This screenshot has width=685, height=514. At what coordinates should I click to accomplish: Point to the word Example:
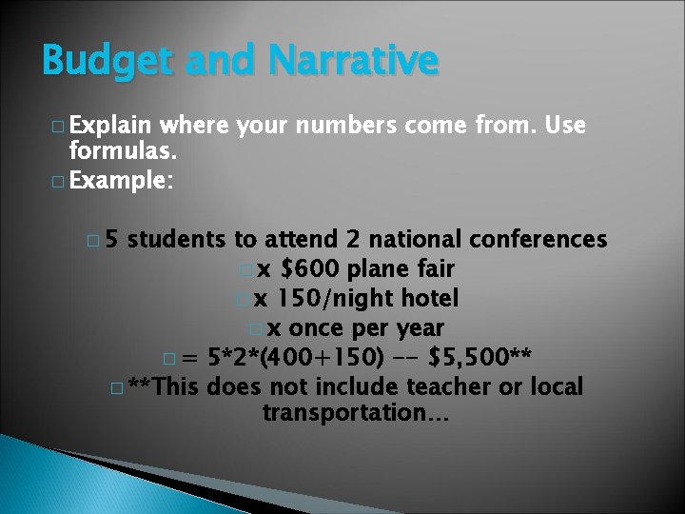coord(121,179)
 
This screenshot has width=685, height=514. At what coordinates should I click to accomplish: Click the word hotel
coord(426,299)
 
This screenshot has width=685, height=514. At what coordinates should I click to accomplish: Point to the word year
coord(419,328)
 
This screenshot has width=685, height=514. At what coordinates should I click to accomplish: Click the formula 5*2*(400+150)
coord(301,358)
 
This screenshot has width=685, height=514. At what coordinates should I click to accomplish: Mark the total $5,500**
coord(481,358)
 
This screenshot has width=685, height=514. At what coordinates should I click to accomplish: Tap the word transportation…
coord(356,413)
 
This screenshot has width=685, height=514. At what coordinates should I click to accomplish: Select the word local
coord(555,386)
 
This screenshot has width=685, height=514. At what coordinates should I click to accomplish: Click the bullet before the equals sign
coord(168,359)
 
